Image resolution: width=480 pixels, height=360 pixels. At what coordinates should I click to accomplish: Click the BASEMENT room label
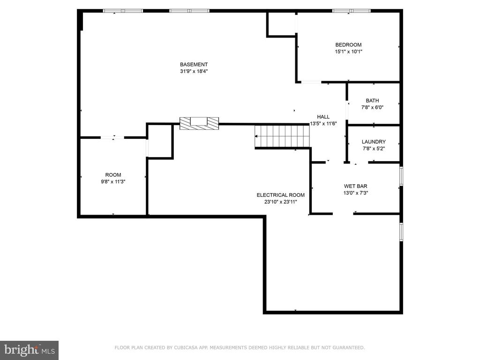(194, 64)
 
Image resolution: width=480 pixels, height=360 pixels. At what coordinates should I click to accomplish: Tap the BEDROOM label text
(348, 45)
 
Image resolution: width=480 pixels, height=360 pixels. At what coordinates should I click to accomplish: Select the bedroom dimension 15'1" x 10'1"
(348, 52)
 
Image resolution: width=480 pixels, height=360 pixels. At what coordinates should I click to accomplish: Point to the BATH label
(372, 100)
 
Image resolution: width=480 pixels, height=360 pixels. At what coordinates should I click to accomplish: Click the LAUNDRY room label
(374, 142)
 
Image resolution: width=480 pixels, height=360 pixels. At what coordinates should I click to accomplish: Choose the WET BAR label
(355, 186)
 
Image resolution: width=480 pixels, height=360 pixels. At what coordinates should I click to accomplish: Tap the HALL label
(323, 117)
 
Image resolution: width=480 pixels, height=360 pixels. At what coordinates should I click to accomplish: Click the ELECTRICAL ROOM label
(280, 195)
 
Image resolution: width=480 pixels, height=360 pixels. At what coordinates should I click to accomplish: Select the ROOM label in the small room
(113, 175)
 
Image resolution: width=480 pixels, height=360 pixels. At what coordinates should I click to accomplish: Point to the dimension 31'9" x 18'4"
(194, 71)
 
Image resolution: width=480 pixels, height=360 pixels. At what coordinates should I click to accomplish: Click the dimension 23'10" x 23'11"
(281, 202)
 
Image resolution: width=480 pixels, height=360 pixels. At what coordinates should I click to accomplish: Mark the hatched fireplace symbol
(199, 123)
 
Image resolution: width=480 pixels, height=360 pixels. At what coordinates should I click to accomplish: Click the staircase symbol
(282, 136)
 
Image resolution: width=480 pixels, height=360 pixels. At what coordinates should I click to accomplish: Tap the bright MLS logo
(30, 350)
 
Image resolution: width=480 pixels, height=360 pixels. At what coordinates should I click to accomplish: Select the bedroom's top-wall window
(352, 11)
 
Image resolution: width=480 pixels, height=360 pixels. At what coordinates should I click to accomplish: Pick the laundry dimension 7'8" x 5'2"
(374, 149)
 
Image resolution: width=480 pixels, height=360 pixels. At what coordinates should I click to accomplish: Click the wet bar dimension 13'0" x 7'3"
(355, 193)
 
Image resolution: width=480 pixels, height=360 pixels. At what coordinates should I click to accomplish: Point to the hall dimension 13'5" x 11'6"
(323, 124)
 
